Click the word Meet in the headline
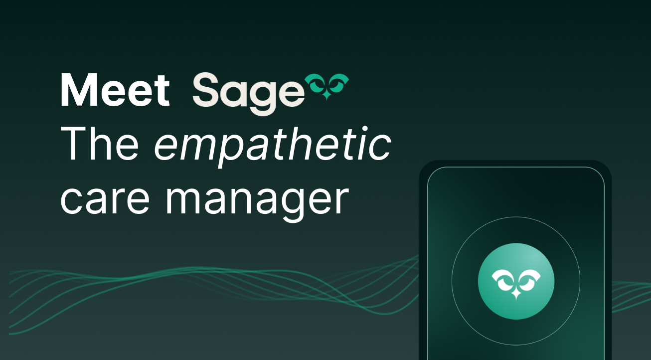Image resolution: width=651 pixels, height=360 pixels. tap(115, 90)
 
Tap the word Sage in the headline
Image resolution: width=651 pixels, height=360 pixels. tap(248, 94)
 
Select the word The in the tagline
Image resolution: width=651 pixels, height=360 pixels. tap(100, 144)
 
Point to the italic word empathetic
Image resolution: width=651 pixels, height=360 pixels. tap(272, 148)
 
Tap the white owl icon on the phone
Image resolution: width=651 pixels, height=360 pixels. tap(516, 284)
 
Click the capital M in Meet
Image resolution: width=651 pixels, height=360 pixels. tap(79, 90)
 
